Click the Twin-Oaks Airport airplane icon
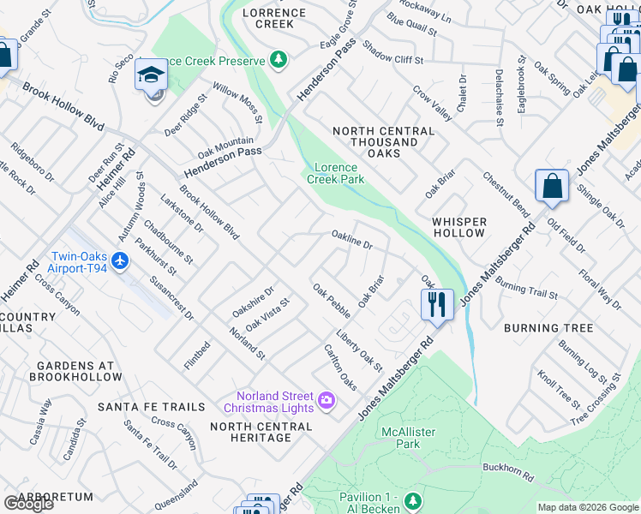tap(121, 260)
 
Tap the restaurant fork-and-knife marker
tap(437, 304)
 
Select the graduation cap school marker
tap(151, 75)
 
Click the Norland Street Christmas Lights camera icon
tap(326, 400)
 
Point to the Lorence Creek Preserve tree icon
tap(277, 59)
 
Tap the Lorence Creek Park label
tap(336, 173)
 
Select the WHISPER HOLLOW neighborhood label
tap(459, 227)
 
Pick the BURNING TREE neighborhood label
tap(548, 328)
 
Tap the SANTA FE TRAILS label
tap(152, 406)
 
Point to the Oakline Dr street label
tap(352, 239)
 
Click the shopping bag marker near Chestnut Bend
tap(551, 187)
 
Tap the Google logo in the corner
tap(27, 504)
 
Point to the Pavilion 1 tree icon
tap(413, 499)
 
